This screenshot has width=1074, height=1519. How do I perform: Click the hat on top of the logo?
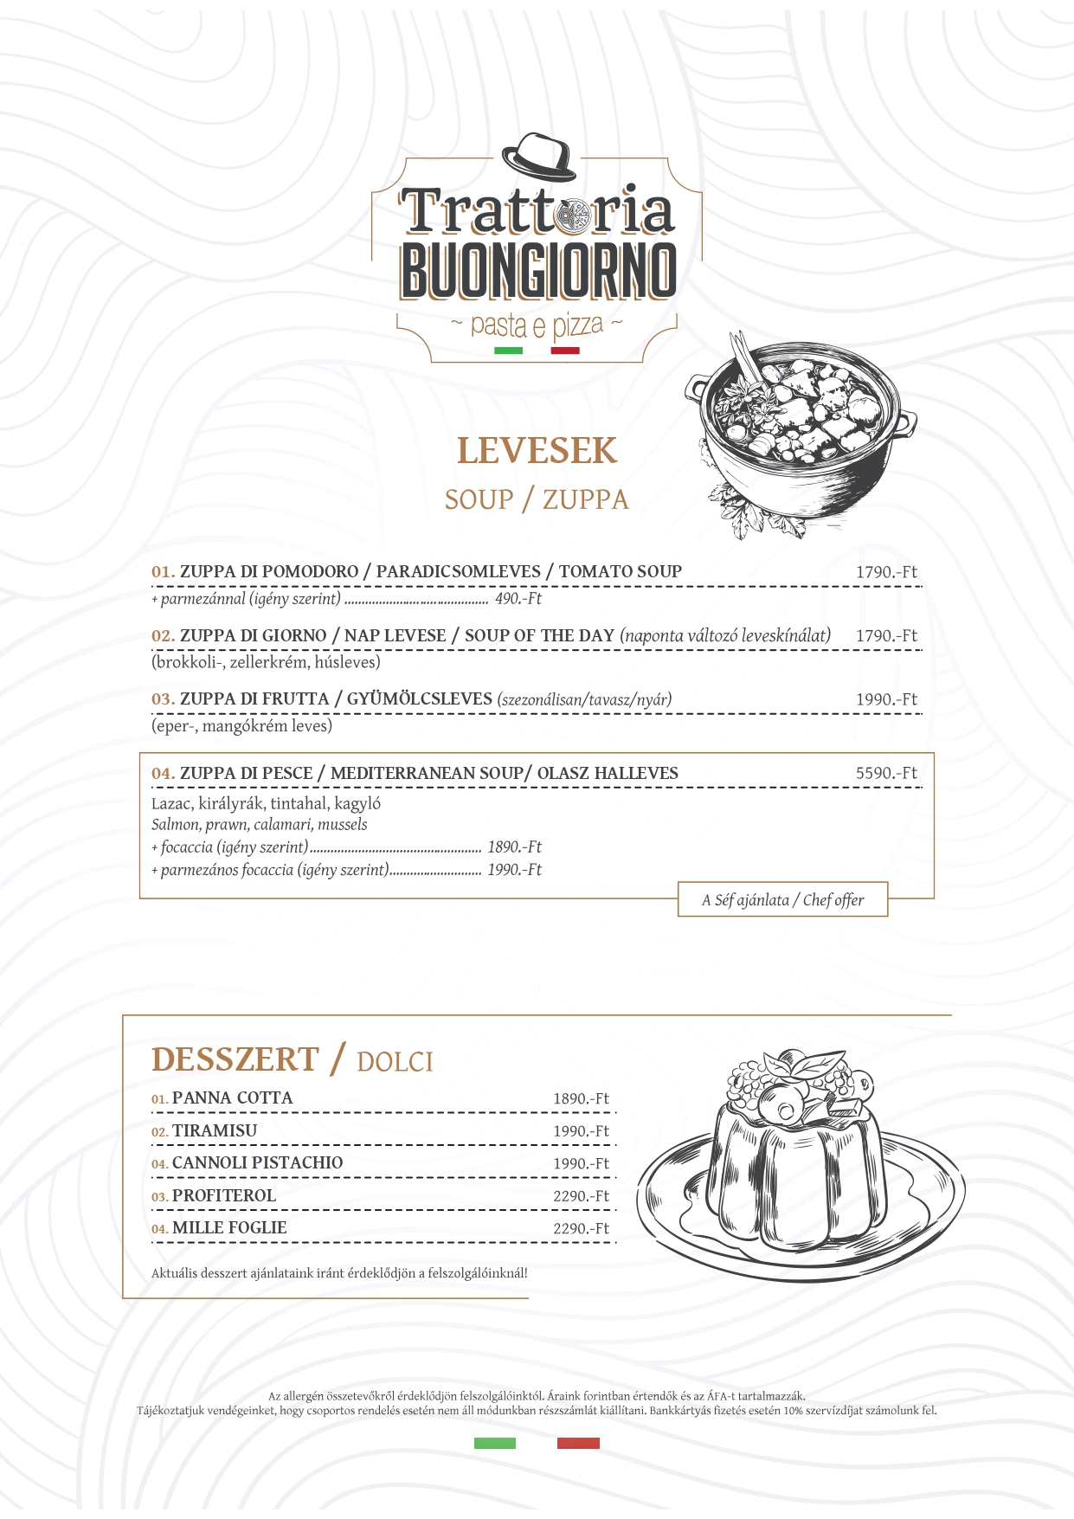coord(539,157)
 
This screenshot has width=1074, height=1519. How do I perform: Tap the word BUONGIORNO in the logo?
coord(537,270)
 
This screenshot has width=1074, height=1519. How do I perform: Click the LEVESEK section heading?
coord(537,451)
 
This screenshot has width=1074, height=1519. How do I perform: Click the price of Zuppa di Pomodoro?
coord(886,572)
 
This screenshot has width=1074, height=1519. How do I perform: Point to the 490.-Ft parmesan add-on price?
coord(518,599)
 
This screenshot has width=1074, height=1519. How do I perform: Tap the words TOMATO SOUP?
coord(620,571)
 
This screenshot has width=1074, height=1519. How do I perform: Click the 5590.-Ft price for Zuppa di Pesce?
coord(886,774)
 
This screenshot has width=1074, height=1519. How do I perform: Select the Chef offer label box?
coord(782,900)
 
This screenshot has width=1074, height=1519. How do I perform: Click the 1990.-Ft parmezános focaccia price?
coord(514,870)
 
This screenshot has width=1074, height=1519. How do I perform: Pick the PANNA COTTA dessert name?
coord(232,1098)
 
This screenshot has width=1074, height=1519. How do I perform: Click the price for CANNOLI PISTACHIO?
coord(581,1164)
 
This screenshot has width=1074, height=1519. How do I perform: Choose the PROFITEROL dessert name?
coord(223,1196)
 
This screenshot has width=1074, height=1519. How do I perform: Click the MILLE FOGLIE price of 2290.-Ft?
coord(581,1229)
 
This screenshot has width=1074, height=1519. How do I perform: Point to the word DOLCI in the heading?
coord(395,1062)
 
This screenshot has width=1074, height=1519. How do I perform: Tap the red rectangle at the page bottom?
coord(578,1443)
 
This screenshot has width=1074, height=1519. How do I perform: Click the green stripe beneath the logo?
coord(508,351)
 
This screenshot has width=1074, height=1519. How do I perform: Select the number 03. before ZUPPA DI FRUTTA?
coord(163,699)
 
